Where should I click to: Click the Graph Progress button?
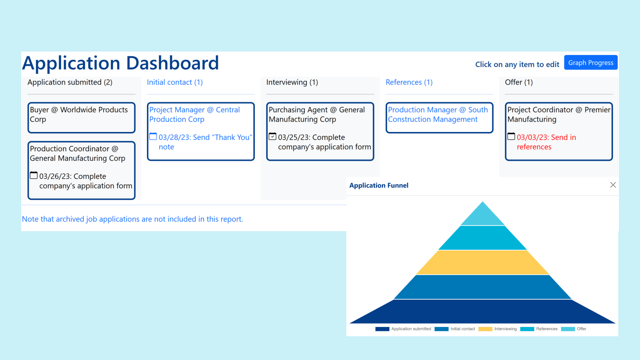point(591,63)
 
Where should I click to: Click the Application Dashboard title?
point(120,63)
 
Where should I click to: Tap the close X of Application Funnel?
point(613,185)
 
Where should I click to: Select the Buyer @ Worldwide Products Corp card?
point(81,118)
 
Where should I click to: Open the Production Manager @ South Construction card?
point(439,118)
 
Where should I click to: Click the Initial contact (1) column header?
point(175,82)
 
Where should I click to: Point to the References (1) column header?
point(409,82)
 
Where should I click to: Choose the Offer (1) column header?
point(519,82)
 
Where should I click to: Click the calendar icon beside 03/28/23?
point(153,136)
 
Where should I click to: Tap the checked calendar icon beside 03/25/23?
point(272,136)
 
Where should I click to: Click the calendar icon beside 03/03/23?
point(511,136)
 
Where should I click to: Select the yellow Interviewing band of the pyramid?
point(482,262)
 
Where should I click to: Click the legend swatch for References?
point(527,329)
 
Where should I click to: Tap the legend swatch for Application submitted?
point(382,329)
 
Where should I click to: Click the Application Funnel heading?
point(379,185)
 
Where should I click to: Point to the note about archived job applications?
point(132,219)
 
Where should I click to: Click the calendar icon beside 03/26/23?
point(34,175)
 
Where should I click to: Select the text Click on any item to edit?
point(517,64)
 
